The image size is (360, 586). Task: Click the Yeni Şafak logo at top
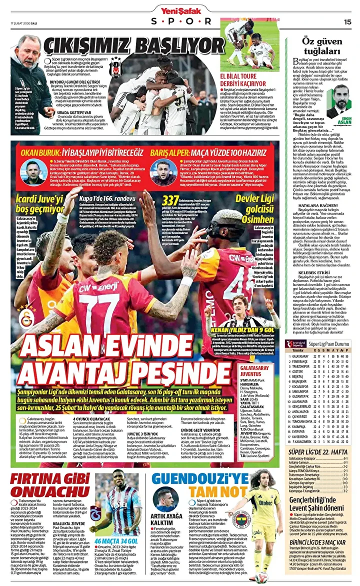180,9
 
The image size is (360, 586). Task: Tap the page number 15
348,21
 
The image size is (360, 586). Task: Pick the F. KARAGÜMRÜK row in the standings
320,441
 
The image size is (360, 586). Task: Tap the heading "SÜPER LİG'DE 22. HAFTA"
318,452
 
